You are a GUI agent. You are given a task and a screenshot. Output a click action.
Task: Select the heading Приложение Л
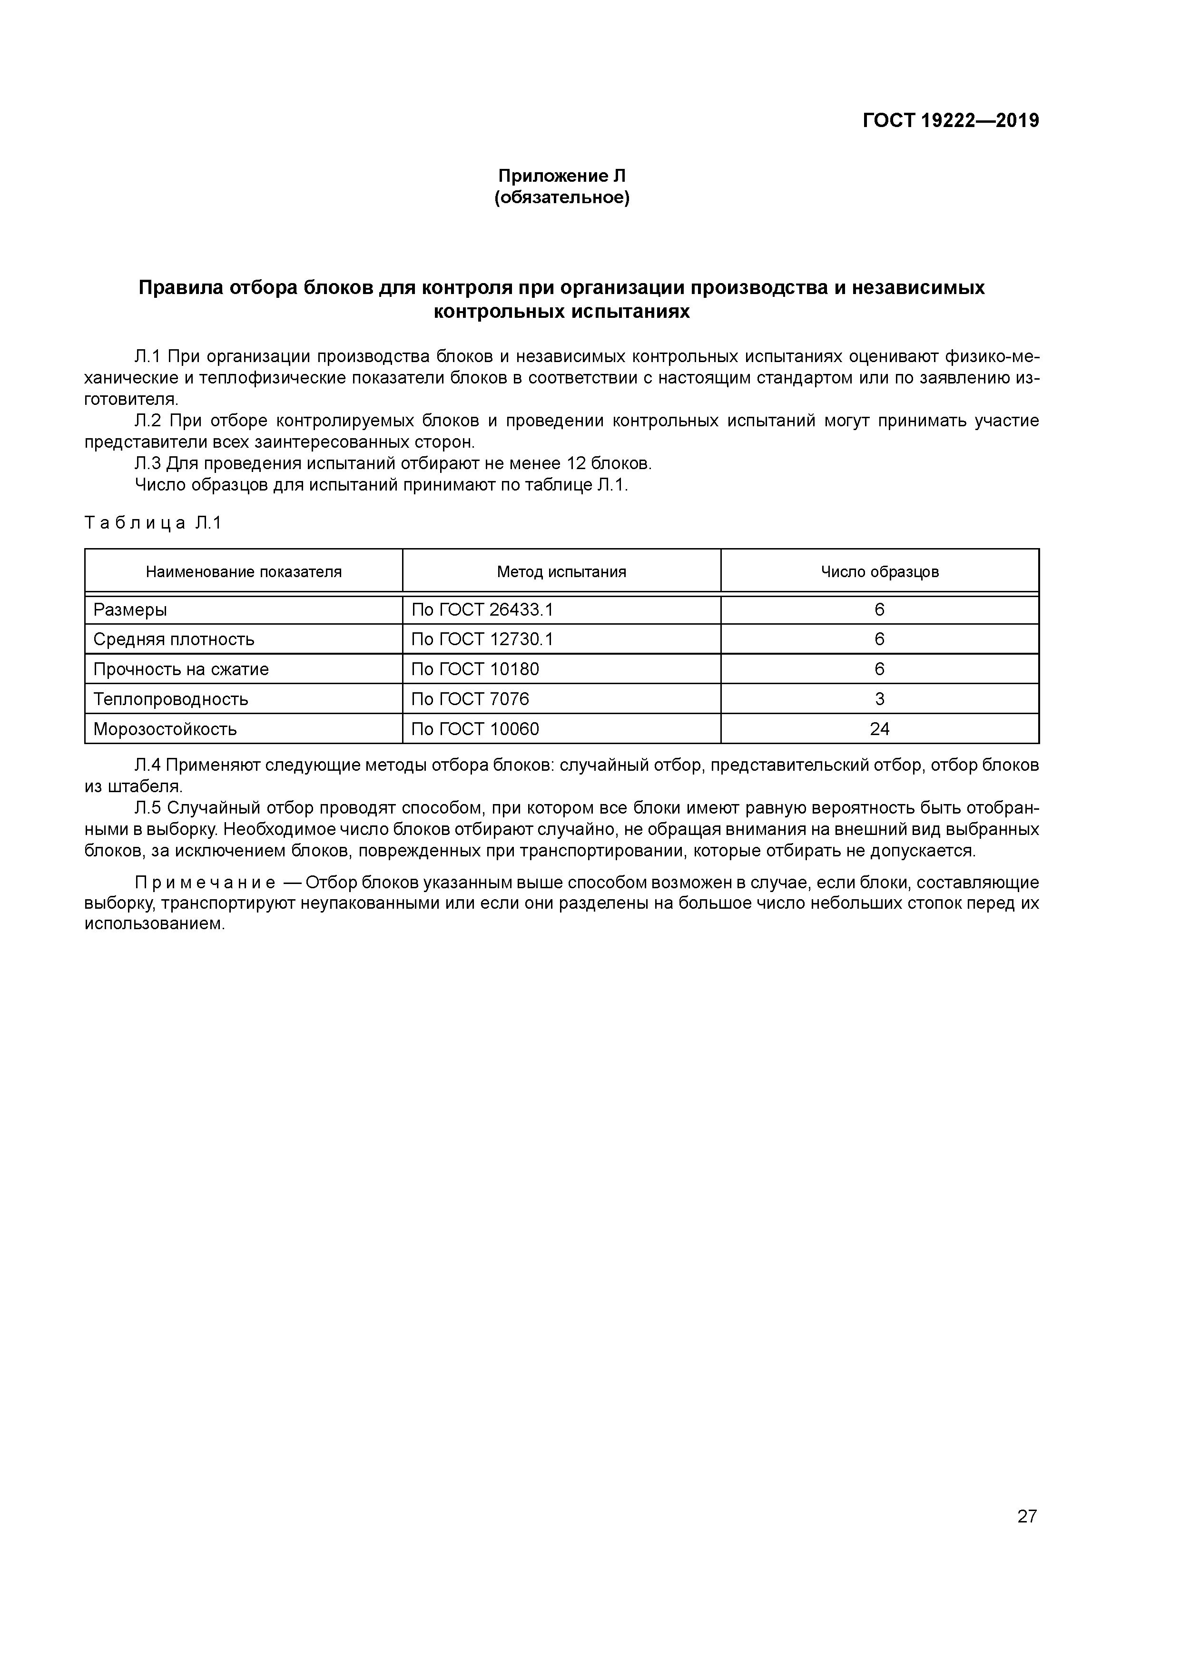coord(561,176)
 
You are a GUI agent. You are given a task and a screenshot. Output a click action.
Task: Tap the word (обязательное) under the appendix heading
coord(561,198)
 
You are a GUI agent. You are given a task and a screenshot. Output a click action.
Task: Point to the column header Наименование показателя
coord(244,572)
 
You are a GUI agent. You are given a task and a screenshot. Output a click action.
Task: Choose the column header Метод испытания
coord(561,572)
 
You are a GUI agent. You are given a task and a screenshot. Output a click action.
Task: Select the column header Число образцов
coord(880,572)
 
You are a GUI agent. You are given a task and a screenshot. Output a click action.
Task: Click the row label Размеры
coord(130,610)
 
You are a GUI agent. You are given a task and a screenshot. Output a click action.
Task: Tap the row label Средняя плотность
coord(174,640)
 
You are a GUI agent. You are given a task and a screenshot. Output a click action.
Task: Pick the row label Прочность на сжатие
coord(181,669)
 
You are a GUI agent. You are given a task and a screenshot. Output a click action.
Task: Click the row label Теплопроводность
coord(171,699)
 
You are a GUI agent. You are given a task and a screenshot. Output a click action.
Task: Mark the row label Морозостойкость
coord(165,729)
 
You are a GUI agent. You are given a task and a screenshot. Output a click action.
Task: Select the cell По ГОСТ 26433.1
coord(482,610)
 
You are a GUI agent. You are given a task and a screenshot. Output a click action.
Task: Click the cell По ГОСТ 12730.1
coord(482,640)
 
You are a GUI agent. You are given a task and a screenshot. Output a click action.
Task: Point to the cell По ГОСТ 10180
coord(475,669)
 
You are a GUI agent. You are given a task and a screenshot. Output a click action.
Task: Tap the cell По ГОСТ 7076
coord(471,699)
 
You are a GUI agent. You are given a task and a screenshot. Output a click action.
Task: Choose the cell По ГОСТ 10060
coord(475,729)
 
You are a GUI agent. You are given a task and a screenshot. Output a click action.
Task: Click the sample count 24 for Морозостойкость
coord(880,729)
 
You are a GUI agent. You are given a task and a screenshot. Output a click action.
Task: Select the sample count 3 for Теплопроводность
coord(880,699)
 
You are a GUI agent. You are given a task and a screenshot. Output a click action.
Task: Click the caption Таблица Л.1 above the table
coord(153,523)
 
